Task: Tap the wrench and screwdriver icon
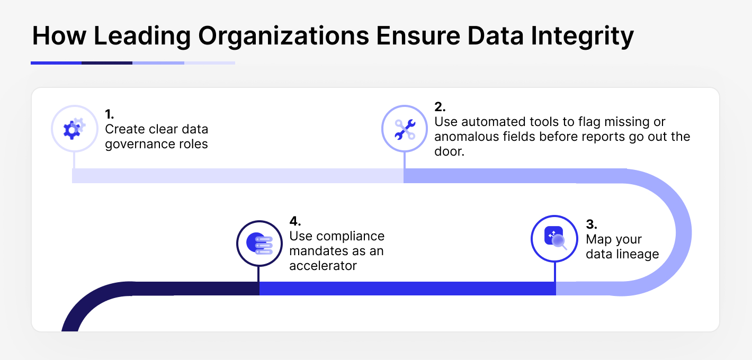405,129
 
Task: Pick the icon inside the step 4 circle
259,243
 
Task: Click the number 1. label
110,114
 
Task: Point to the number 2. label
440,107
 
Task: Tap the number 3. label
592,224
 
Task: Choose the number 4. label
295,221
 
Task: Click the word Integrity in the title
583,36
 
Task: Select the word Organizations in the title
284,36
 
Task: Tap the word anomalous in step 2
467,137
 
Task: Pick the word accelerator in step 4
323,266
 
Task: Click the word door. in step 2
449,151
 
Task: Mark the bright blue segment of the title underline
56,63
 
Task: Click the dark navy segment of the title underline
107,63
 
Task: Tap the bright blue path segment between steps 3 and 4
408,289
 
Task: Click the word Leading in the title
142,36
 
